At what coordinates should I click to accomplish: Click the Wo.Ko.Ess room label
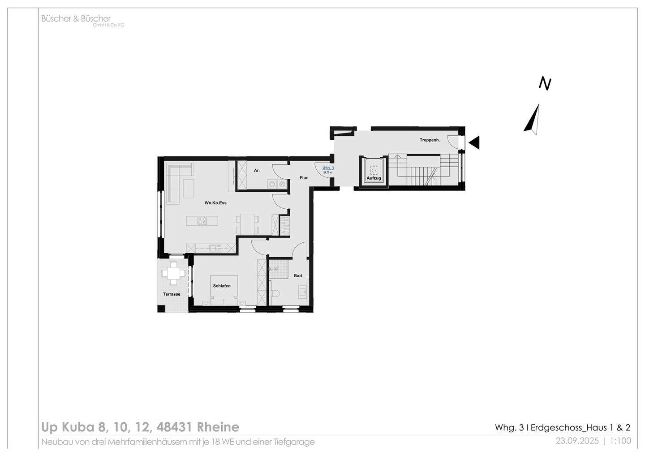point(215,203)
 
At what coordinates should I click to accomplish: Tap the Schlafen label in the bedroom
point(222,286)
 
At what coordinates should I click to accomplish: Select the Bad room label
point(298,276)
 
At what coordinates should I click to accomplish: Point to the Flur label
point(304,178)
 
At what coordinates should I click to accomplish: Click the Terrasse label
point(172,294)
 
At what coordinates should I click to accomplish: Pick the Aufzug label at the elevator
point(374,178)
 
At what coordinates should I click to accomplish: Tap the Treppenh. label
point(430,140)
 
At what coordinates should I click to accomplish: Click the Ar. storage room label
point(257,171)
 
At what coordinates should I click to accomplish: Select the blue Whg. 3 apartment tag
point(328,168)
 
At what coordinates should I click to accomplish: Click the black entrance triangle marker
point(474,142)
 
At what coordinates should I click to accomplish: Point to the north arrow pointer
point(532,120)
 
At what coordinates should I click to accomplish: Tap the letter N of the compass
point(545,84)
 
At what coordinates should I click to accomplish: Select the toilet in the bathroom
point(275,293)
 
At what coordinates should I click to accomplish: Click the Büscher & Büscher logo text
point(76,19)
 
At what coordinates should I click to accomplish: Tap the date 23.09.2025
point(577,441)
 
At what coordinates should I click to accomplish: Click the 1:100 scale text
point(620,441)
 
